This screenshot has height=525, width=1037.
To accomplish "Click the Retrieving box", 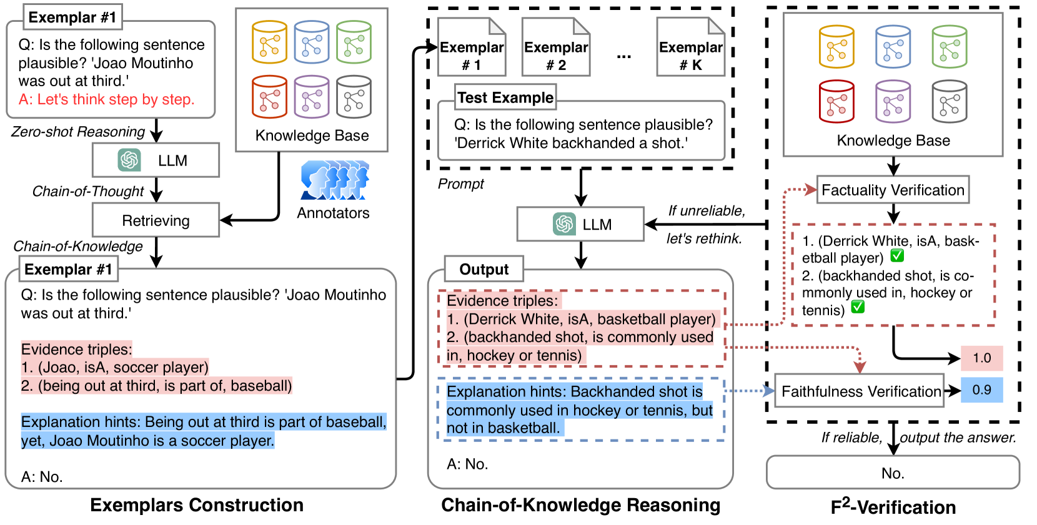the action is (x=156, y=220).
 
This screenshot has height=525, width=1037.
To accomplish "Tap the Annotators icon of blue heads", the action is (x=335, y=180).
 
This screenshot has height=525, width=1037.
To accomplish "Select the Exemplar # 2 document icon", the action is (x=556, y=47).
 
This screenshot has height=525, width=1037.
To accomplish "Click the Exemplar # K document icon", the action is (x=691, y=47).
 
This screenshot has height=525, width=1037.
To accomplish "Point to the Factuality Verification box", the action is (x=893, y=190).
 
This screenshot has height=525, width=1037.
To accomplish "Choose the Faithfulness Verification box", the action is (x=860, y=391).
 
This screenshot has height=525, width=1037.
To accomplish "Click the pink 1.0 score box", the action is (x=981, y=358).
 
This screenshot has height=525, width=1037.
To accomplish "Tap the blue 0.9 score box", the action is (x=981, y=390).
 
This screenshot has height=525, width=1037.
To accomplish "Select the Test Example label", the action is (x=505, y=97).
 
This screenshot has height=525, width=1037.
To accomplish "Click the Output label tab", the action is (x=484, y=269).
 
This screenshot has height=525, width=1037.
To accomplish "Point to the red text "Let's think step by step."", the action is (x=116, y=99).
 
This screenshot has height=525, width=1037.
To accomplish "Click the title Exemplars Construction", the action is (x=197, y=504).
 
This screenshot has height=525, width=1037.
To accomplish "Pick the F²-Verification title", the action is (x=893, y=506).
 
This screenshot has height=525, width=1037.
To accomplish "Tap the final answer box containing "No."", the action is (x=893, y=473).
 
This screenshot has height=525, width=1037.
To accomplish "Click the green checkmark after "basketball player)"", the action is (x=896, y=255).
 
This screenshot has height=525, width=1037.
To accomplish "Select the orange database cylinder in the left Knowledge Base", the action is (x=269, y=42).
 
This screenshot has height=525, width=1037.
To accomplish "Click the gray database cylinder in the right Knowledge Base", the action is (x=950, y=101).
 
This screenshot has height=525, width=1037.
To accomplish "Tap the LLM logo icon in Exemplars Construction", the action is (x=129, y=160).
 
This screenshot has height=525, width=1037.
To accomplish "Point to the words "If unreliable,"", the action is (x=707, y=210).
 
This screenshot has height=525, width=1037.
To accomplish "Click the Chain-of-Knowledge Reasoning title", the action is (x=580, y=504).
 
